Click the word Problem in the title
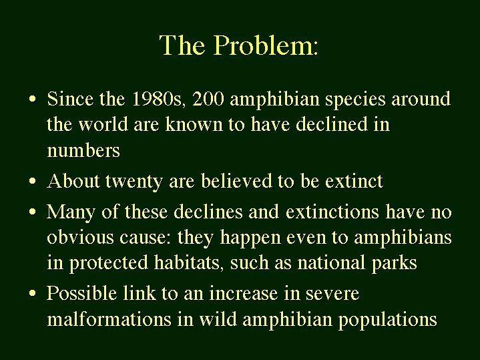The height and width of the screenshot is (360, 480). [266, 45]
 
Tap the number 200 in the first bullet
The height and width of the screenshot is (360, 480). [208, 100]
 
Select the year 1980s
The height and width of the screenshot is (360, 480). [159, 100]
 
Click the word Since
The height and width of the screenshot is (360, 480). [71, 100]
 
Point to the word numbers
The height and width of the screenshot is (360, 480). [83, 151]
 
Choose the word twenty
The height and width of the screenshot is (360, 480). [134, 182]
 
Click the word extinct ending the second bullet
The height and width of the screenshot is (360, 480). [354, 181]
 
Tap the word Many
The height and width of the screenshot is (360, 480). [71, 212]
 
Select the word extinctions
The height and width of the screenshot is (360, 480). [332, 212]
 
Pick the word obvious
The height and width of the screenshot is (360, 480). [80, 238]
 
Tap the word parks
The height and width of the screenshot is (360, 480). [395, 264]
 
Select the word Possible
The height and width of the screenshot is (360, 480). [81, 293]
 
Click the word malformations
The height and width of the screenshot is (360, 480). [109, 319]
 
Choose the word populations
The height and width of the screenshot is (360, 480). [388, 320]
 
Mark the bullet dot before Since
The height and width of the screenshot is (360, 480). [33, 100]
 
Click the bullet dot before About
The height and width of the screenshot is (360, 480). [33, 181]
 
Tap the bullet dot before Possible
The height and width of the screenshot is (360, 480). [33, 293]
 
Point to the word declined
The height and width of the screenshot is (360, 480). [332, 125]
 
